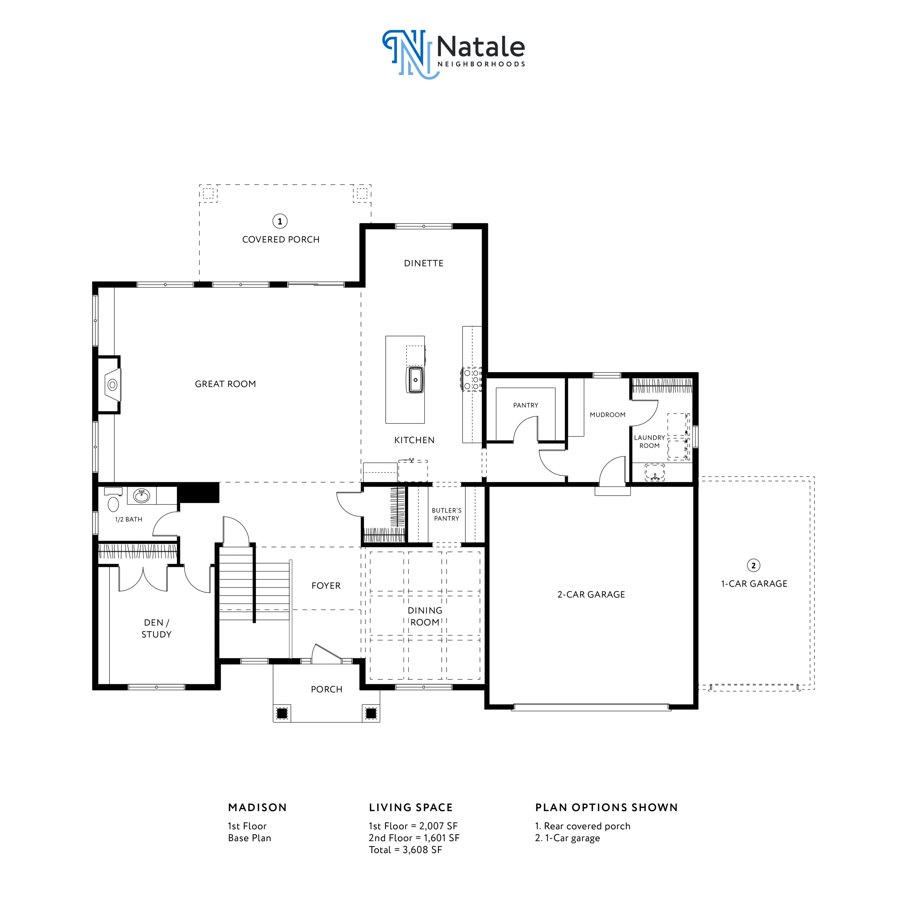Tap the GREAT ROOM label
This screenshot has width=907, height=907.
pyautogui.click(x=225, y=384)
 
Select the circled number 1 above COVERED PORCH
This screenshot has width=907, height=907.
pyautogui.click(x=280, y=221)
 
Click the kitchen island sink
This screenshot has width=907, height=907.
pyautogui.click(x=415, y=380)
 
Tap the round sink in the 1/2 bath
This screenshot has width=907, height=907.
pyautogui.click(x=142, y=495)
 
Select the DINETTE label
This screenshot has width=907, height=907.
pyautogui.click(x=423, y=263)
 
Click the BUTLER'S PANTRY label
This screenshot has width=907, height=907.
pyautogui.click(x=446, y=514)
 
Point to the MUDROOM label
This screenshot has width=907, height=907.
pyautogui.click(x=608, y=415)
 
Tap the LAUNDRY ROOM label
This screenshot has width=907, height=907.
pyautogui.click(x=649, y=441)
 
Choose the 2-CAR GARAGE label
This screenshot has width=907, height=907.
pyautogui.click(x=591, y=595)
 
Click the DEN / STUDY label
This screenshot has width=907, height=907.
pyautogui.click(x=156, y=628)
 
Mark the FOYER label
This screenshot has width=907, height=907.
pyautogui.click(x=326, y=585)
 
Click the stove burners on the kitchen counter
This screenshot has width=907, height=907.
pyautogui.click(x=471, y=379)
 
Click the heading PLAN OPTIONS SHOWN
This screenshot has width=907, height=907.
pyautogui.click(x=606, y=807)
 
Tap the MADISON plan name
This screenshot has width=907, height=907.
pyautogui.click(x=257, y=807)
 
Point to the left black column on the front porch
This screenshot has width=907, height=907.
pyautogui.click(x=282, y=714)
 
